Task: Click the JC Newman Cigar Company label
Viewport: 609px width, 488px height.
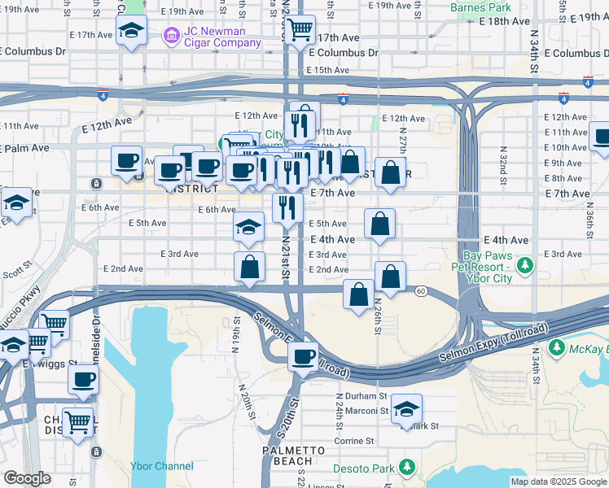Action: [x=216, y=37]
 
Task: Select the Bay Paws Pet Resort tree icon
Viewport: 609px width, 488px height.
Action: [x=525, y=265]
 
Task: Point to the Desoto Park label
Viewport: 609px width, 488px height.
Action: [x=371, y=468]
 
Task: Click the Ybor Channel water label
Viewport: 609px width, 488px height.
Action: [x=162, y=466]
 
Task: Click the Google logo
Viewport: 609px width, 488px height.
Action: [x=27, y=478]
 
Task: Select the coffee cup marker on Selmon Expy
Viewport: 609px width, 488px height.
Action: [x=304, y=357]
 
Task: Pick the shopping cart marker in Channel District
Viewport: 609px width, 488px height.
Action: [x=78, y=422]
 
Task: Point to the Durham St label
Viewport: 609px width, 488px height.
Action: [x=361, y=396]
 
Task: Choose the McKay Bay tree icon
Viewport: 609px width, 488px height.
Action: [x=557, y=349]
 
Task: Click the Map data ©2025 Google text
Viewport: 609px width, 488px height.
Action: [x=558, y=481]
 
